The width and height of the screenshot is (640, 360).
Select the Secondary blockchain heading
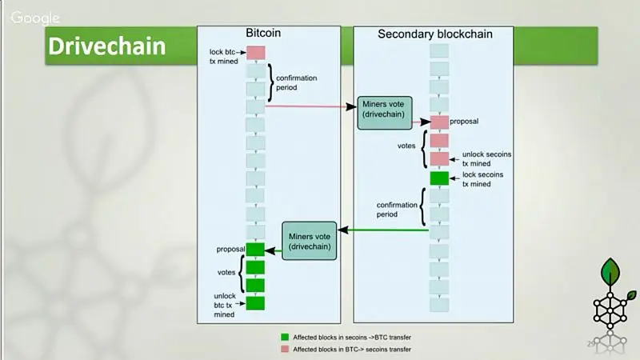tap(434, 34)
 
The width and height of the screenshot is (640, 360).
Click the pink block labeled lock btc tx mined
tap(255, 53)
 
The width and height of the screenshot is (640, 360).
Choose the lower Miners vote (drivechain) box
tap(308, 240)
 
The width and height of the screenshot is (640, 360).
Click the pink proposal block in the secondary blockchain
tap(439, 122)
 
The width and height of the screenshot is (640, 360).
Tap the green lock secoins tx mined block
tap(439, 178)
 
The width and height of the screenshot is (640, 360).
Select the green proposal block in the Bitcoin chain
tap(255, 250)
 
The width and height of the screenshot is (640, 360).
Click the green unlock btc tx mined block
tap(255, 303)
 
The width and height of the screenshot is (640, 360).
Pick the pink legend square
tap(285, 350)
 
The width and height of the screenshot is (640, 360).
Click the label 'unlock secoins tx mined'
tap(482, 158)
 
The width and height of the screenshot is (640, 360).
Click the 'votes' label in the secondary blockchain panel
tap(406, 146)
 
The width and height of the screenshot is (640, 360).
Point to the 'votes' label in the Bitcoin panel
tap(226, 272)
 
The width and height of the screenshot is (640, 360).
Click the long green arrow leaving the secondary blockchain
tap(384, 230)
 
